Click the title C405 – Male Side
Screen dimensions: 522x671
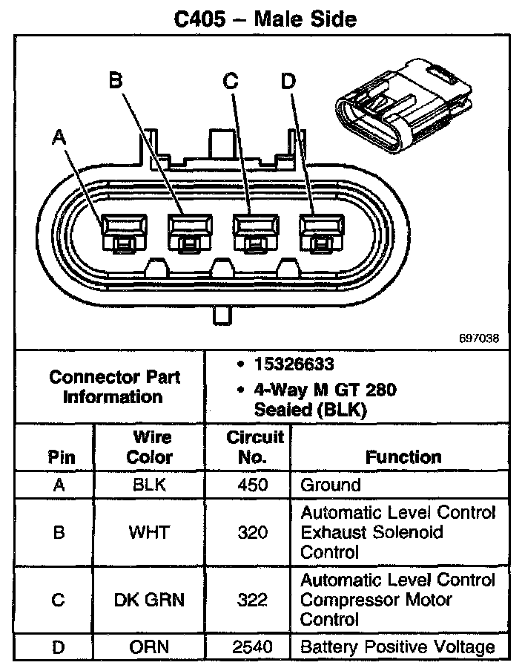(x=265, y=19)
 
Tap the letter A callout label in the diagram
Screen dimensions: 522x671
(x=59, y=137)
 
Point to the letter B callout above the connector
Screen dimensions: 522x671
(x=116, y=80)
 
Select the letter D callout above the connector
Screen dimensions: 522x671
(x=288, y=81)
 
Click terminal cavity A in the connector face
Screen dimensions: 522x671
(x=125, y=232)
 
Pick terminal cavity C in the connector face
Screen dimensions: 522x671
(x=256, y=232)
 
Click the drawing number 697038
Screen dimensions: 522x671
(x=479, y=338)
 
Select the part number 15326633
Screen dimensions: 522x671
(x=294, y=364)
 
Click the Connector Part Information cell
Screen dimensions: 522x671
(x=113, y=387)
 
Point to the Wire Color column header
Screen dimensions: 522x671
(x=150, y=447)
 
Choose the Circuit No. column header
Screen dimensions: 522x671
(x=254, y=447)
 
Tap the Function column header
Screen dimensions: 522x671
(x=403, y=457)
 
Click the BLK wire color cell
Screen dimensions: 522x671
(x=149, y=485)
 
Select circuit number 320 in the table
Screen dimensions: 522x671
(x=253, y=532)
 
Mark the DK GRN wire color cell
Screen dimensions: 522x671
(x=149, y=600)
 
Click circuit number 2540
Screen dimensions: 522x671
(x=252, y=647)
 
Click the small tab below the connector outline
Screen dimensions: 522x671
(x=222, y=315)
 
